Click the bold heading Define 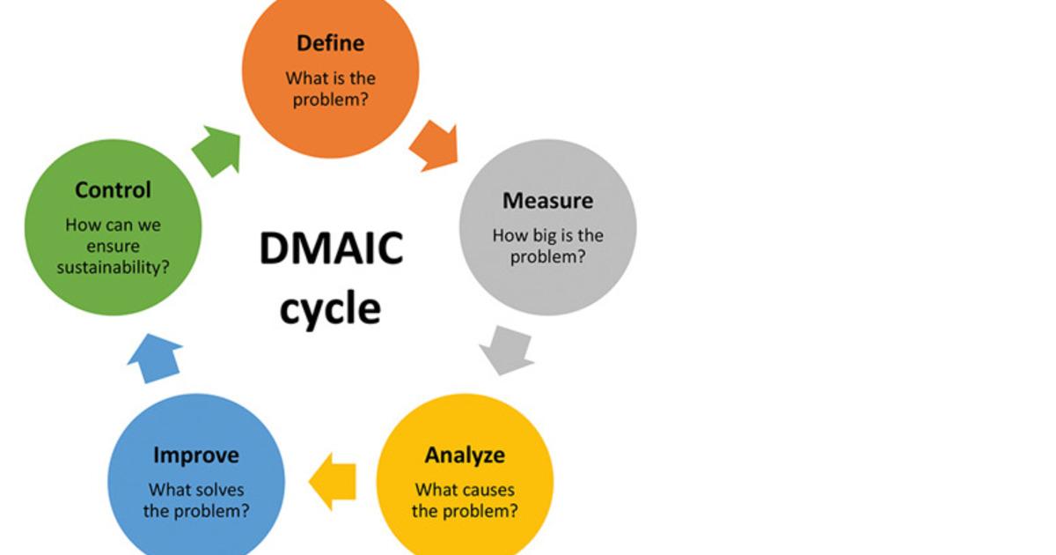(330, 43)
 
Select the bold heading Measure (547, 201)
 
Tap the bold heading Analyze (465, 455)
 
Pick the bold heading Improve (195, 455)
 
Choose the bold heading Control (113, 190)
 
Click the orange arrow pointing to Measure (435, 144)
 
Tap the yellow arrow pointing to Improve (332, 481)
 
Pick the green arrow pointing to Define (216, 150)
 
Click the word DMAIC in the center (331, 249)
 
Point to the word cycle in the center (331, 309)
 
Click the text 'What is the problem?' (330, 89)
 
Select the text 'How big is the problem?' (547, 247)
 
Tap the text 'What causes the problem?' (465, 500)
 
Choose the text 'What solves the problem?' (195, 500)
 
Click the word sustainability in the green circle (113, 268)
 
